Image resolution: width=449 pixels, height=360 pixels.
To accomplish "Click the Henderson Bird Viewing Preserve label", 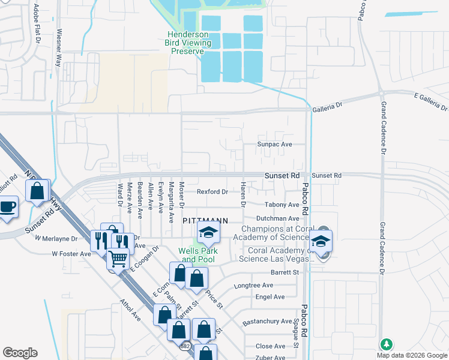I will (188, 43).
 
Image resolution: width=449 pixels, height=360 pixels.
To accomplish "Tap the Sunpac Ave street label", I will (274, 145).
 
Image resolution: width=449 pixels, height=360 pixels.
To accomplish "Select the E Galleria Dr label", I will (431, 101).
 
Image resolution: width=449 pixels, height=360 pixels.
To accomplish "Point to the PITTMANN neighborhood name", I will (205, 221).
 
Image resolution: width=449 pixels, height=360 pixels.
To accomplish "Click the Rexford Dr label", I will (212, 192).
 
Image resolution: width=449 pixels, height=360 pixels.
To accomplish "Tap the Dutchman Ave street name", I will (278, 219).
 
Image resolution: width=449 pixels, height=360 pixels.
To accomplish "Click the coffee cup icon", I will (7, 208).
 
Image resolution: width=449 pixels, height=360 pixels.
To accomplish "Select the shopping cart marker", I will (118, 259).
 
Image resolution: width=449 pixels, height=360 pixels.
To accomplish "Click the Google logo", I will (20, 353).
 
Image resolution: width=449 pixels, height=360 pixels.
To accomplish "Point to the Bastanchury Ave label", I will (267, 322).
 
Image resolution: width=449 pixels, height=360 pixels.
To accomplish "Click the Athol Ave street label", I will (130, 310).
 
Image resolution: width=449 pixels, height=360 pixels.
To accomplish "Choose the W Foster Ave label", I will (71, 254).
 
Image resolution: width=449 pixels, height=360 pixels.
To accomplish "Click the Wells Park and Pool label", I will (197, 255).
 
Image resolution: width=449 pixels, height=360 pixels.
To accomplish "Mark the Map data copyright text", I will (411, 355).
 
